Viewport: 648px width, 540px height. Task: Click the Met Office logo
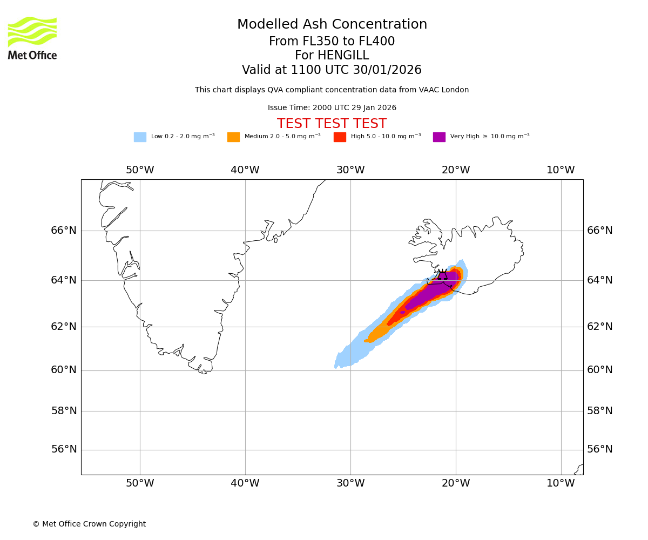coord(32,38)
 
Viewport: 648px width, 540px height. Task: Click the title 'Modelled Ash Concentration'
coord(332,24)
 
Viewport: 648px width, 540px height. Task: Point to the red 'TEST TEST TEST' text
coord(332,124)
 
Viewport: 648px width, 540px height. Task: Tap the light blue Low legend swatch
coord(140,137)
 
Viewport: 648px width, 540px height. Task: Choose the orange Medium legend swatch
coord(233,137)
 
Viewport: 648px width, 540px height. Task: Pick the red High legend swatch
coord(340,137)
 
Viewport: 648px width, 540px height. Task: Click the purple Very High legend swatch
coord(439,137)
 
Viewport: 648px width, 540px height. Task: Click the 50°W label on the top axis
coord(140,170)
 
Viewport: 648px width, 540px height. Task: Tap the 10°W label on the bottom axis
coord(561,483)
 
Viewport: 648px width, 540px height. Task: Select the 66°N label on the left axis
coord(64,231)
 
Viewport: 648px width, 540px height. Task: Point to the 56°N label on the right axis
coord(600,449)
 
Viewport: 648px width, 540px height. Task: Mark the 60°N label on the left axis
coord(64,370)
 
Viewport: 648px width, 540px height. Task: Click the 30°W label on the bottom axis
coord(350,483)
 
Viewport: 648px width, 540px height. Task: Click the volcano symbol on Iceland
coord(443,275)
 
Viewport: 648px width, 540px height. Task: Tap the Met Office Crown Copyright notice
coord(89,524)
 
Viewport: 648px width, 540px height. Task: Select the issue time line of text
coord(332,107)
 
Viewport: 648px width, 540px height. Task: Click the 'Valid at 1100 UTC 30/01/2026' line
coord(332,70)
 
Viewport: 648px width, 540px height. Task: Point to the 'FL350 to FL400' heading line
coord(332,42)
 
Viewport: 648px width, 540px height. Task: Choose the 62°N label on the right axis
coord(600,326)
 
